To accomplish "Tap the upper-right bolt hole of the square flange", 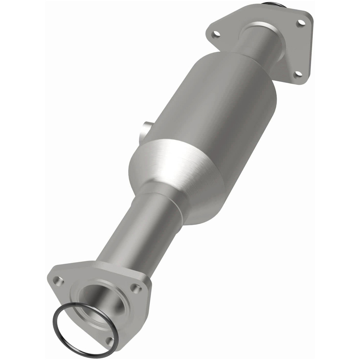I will [x=301, y=22].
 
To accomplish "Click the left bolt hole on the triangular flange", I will [x=57, y=279].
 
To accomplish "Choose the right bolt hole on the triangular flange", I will [x=136, y=288].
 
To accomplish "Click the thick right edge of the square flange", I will [x=310, y=50].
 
